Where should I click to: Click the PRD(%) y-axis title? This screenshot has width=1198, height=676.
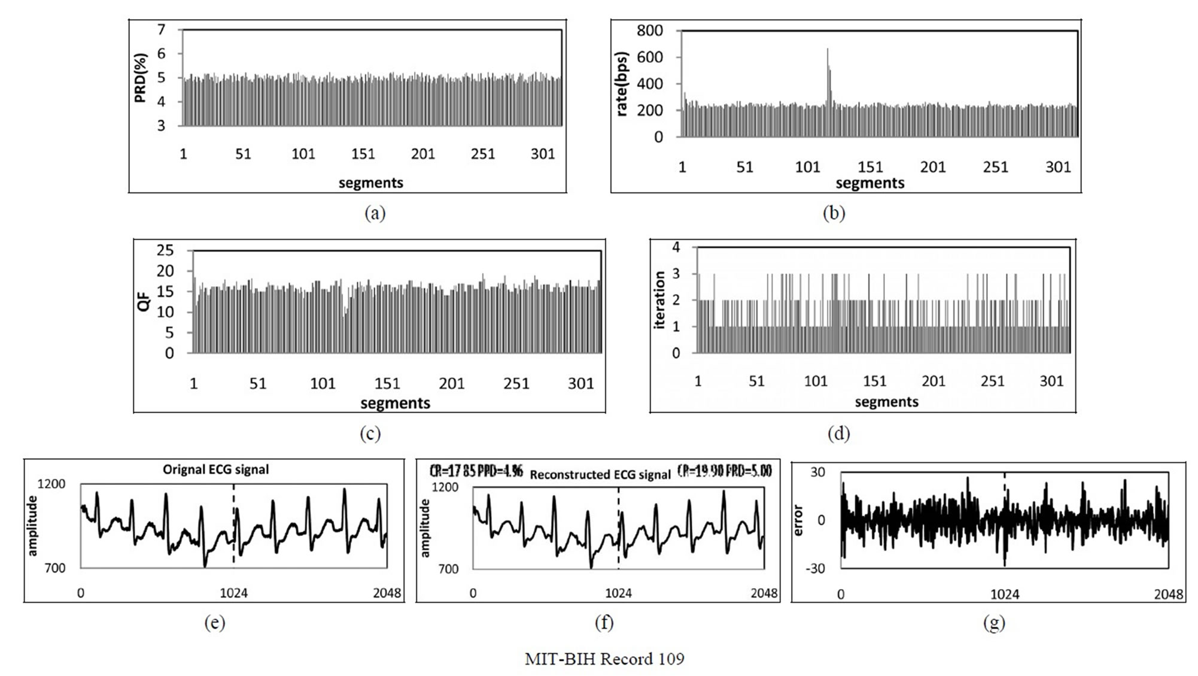(x=141, y=78)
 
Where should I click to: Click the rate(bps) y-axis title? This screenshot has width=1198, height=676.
(x=623, y=83)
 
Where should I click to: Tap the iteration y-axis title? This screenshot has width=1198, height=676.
(x=660, y=300)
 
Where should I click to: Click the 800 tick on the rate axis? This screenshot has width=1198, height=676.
(x=649, y=31)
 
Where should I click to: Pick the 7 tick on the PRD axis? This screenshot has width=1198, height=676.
(x=161, y=29)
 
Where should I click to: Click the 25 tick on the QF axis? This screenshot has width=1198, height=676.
(x=165, y=250)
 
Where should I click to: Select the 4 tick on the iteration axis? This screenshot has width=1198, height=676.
(x=676, y=247)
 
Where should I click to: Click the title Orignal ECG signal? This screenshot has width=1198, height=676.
(x=215, y=469)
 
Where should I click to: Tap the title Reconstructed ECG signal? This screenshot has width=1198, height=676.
(x=600, y=475)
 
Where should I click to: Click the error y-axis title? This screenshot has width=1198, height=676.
(x=797, y=520)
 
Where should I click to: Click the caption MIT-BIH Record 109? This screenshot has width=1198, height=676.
(x=604, y=659)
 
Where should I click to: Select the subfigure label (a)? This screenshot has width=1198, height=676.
(x=375, y=213)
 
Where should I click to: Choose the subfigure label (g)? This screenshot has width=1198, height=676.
(x=994, y=623)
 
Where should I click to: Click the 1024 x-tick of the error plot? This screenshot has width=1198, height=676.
(x=1004, y=594)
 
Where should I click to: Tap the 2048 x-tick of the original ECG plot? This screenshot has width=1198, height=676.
(x=387, y=593)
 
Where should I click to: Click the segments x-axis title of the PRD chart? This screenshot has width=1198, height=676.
(x=371, y=183)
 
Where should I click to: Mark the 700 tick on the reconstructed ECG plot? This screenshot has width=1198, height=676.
(x=448, y=569)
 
